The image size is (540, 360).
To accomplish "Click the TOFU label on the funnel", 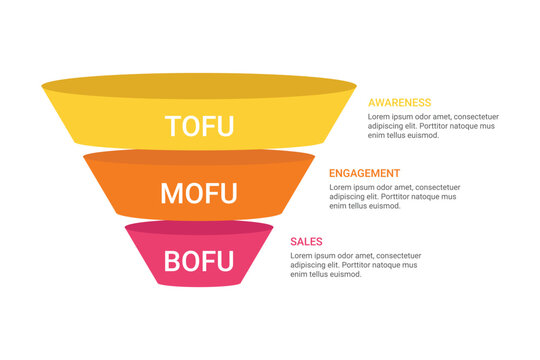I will pyautogui.click(x=200, y=126).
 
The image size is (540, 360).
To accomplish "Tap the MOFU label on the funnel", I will pyautogui.click(x=200, y=192).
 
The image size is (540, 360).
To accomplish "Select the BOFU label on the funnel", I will pyautogui.click(x=199, y=262).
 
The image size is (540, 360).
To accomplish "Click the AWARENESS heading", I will pyautogui.click(x=400, y=102).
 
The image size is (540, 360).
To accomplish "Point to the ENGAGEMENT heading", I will pyautogui.click(x=364, y=173).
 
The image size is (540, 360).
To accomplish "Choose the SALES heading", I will pyautogui.click(x=306, y=241).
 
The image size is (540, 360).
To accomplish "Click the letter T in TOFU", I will pyautogui.click(x=174, y=126).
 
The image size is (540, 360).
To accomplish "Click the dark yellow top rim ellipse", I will pyautogui.click(x=200, y=84).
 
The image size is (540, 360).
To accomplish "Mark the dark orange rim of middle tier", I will pyautogui.click(x=200, y=156).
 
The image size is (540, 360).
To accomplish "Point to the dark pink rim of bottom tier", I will pyautogui.click(x=200, y=228).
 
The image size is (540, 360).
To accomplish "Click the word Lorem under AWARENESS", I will pyautogui.click(x=382, y=116).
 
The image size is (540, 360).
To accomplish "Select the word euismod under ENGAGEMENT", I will pyautogui.click(x=386, y=206).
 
